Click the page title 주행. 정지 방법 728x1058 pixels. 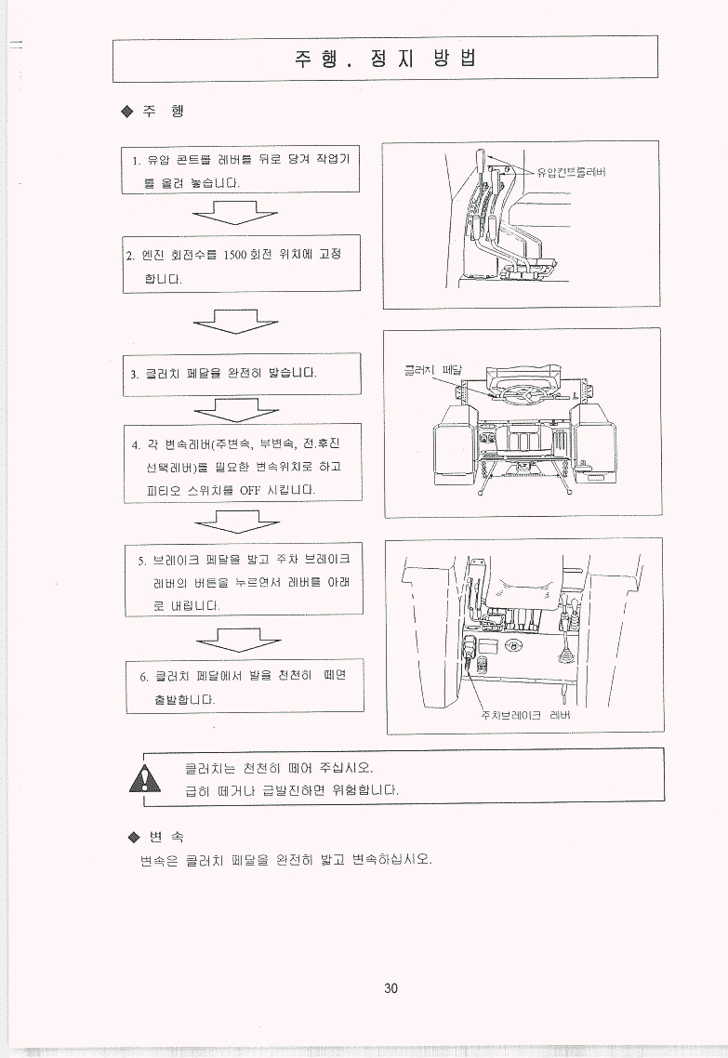pyautogui.click(x=385, y=58)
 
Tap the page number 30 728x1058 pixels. pyautogui.click(x=390, y=988)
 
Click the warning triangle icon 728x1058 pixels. pyautogui.click(x=145, y=780)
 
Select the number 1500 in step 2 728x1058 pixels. pyautogui.click(x=235, y=255)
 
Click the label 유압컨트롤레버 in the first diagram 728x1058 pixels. pyautogui.click(x=572, y=171)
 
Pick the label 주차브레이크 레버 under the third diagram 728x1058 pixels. pyautogui.click(x=525, y=715)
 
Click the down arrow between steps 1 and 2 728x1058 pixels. pyautogui.click(x=235, y=213)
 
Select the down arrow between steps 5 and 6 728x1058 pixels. pyautogui.click(x=238, y=639)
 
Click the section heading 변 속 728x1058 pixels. pyautogui.click(x=166, y=838)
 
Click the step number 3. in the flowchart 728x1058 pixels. pyautogui.click(x=134, y=375)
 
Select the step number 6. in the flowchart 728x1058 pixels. pyautogui.click(x=144, y=677)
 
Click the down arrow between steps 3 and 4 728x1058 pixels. pyautogui.click(x=236, y=409)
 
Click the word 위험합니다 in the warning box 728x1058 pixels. pyautogui.click(x=365, y=790)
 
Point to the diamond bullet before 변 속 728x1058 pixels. pyautogui.click(x=133, y=838)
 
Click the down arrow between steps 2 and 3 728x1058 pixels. pyautogui.click(x=235, y=321)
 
